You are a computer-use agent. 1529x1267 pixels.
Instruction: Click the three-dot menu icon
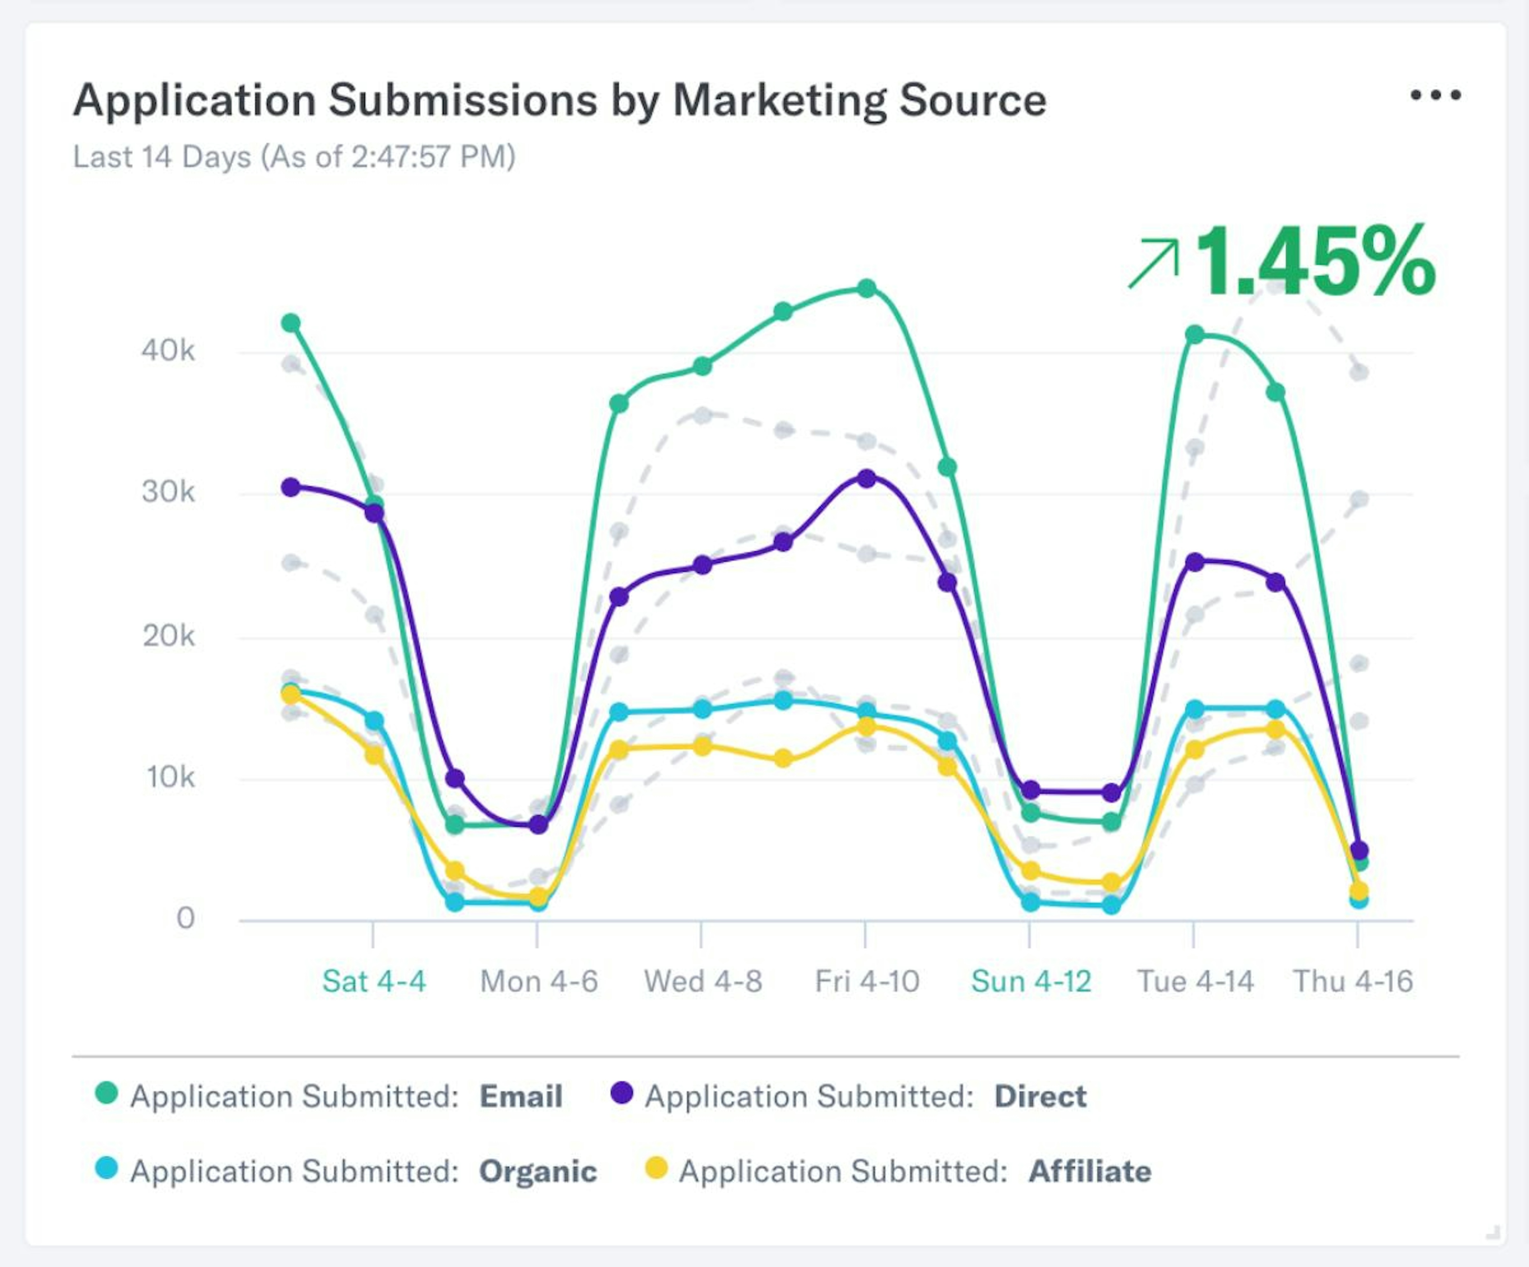click(1435, 95)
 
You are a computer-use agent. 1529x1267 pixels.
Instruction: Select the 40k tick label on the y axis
click(168, 351)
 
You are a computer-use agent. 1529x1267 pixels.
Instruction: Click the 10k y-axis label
click(170, 777)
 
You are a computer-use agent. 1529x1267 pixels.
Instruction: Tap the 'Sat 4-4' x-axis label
click(373, 981)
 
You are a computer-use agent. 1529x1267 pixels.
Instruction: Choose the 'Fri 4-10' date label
click(866, 981)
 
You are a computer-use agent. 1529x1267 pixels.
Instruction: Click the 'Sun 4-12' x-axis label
click(1031, 981)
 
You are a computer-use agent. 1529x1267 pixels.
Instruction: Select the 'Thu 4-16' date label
click(1352, 981)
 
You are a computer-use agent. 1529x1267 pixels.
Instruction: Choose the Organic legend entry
click(346, 1171)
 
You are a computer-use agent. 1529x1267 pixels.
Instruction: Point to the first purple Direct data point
click(291, 487)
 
